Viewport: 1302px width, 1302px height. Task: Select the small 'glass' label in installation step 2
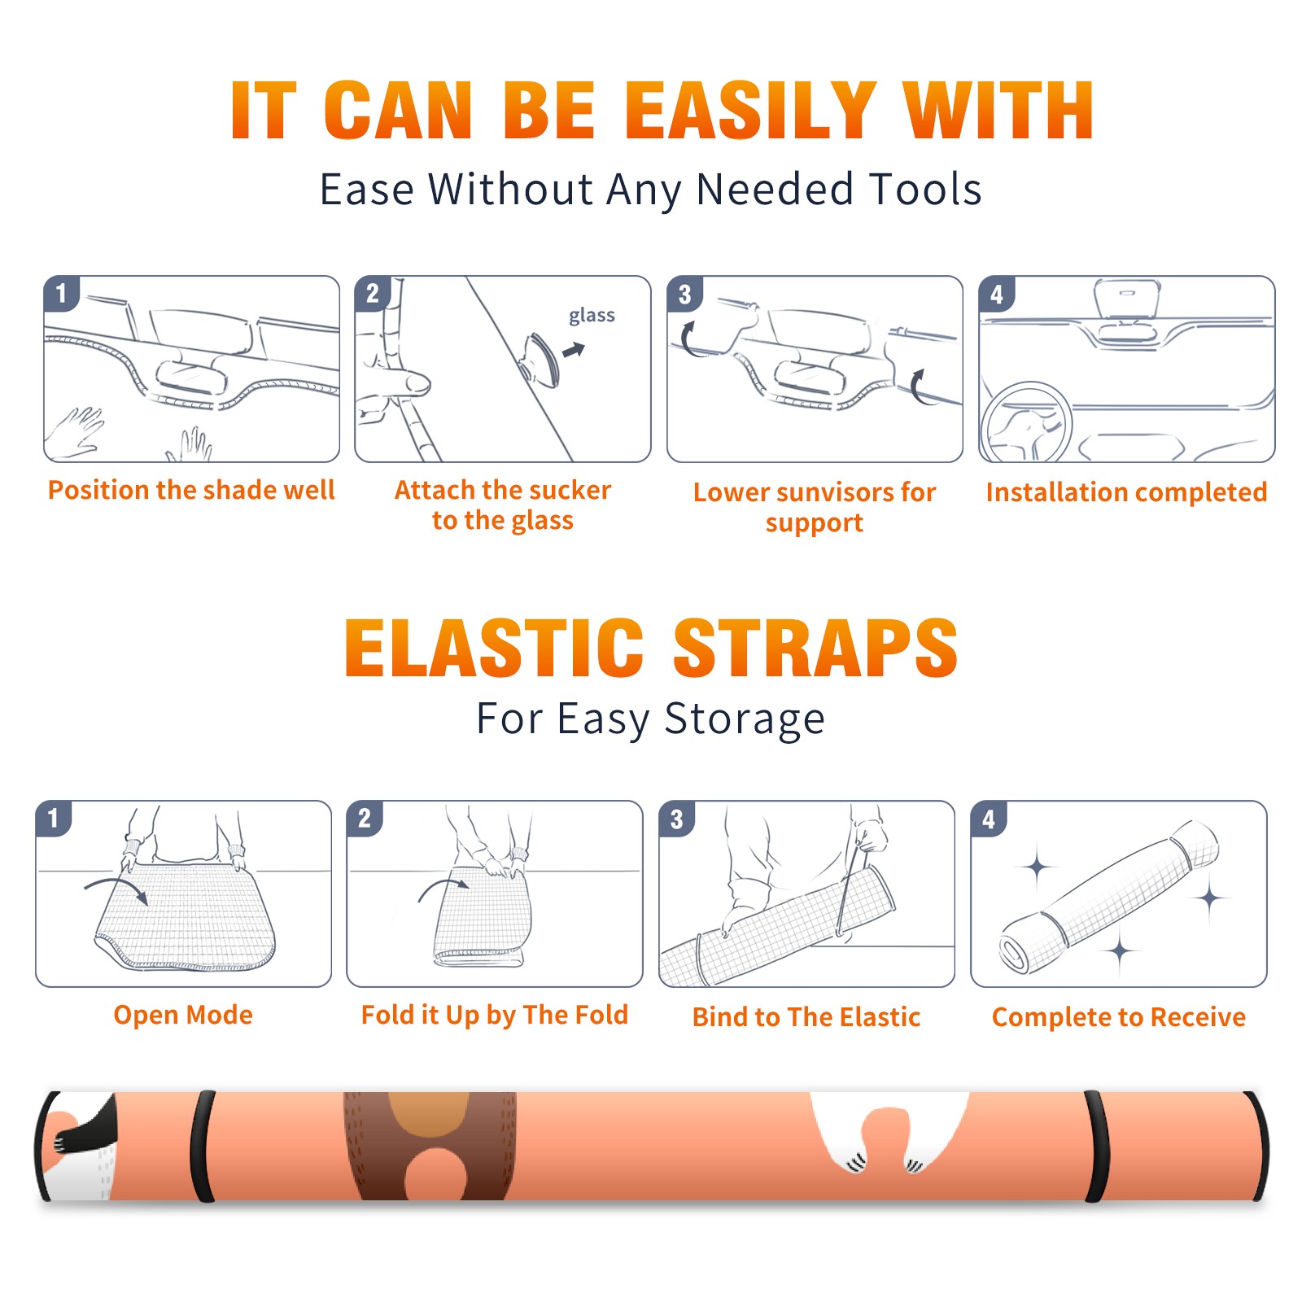[592, 316]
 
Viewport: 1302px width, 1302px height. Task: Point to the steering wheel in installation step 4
[1025, 423]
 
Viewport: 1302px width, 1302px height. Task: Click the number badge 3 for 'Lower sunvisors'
[684, 294]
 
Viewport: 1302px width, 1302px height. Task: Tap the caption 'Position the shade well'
[191, 490]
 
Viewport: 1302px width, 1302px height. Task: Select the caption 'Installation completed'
[1126, 492]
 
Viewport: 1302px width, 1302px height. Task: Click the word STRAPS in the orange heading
[815, 648]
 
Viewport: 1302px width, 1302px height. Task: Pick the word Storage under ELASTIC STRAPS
[745, 719]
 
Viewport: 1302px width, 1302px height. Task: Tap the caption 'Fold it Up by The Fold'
[495, 1015]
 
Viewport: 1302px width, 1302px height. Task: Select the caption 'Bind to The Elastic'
[806, 1017]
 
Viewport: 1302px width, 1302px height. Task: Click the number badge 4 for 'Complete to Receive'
[988, 819]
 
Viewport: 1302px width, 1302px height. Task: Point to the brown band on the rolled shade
[430, 1146]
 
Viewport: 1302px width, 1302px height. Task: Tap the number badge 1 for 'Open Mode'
[54, 818]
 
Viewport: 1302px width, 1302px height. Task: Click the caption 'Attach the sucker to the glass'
[503, 505]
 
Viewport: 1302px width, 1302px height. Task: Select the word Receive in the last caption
[1198, 1017]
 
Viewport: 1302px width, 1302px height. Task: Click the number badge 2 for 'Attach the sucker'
[373, 294]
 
